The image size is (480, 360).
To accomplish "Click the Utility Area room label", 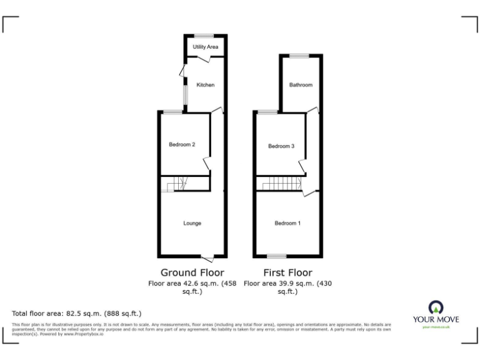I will [205, 47].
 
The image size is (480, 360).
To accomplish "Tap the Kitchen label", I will [206, 84].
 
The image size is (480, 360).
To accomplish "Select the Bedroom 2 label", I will [182, 145].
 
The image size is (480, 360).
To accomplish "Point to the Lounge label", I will [192, 223].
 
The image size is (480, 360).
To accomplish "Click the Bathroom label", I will [301, 84].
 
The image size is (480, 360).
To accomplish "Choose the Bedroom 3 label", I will [281, 146].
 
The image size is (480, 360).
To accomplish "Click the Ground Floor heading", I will [192, 272].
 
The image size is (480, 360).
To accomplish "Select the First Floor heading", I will [287, 272].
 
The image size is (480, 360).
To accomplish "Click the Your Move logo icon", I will [436, 307].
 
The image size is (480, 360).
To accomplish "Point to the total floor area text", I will [77, 313].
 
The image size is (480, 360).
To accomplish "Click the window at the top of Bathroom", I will [299, 56].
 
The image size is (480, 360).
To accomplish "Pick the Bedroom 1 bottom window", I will [276, 256].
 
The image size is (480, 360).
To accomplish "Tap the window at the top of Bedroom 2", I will [173, 112].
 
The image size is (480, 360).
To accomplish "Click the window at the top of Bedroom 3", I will [268, 112].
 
